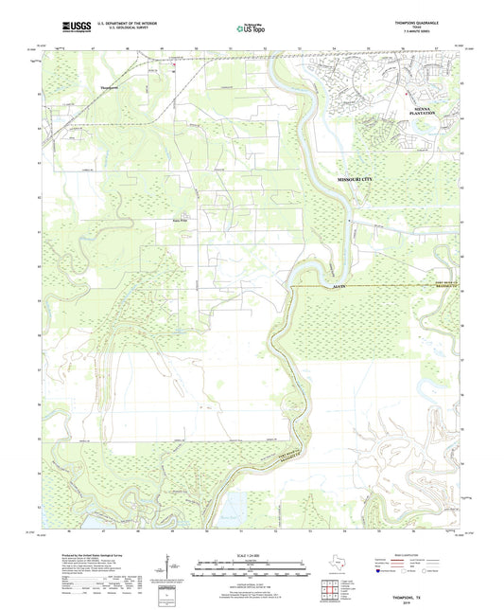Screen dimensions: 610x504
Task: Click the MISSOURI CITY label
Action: [362, 179]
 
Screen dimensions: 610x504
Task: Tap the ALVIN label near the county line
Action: [339, 284]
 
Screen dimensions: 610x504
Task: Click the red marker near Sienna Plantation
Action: [407, 93]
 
